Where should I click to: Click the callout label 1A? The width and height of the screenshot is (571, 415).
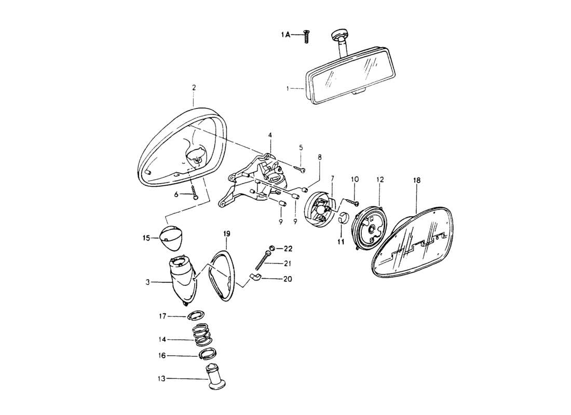tap(285, 34)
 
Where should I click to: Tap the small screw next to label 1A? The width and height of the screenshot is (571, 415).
tap(306, 36)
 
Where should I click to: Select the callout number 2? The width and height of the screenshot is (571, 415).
tap(194, 88)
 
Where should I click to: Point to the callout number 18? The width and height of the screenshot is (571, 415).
tap(417, 180)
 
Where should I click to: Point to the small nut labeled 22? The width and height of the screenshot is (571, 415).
tap(272, 248)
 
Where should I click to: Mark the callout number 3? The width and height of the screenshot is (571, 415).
tap(148, 282)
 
